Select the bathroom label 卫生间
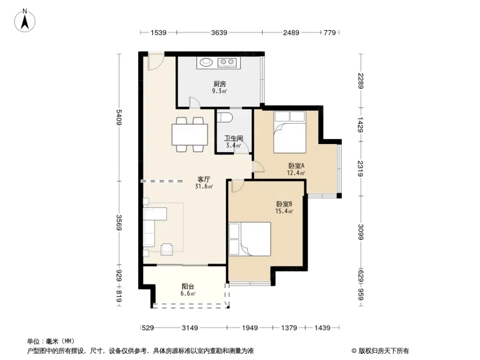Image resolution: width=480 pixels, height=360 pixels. tap(234, 138)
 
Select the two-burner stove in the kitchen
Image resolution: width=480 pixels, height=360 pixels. tap(228, 62)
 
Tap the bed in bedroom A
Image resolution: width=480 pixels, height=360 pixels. tap(289, 132)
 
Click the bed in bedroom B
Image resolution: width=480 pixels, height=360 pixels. tap(250, 239)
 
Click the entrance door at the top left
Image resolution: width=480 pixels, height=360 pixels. tap(155, 61)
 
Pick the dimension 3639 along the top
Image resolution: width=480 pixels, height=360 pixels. tap(219, 33)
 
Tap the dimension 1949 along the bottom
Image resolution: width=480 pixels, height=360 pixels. tap(250, 328)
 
